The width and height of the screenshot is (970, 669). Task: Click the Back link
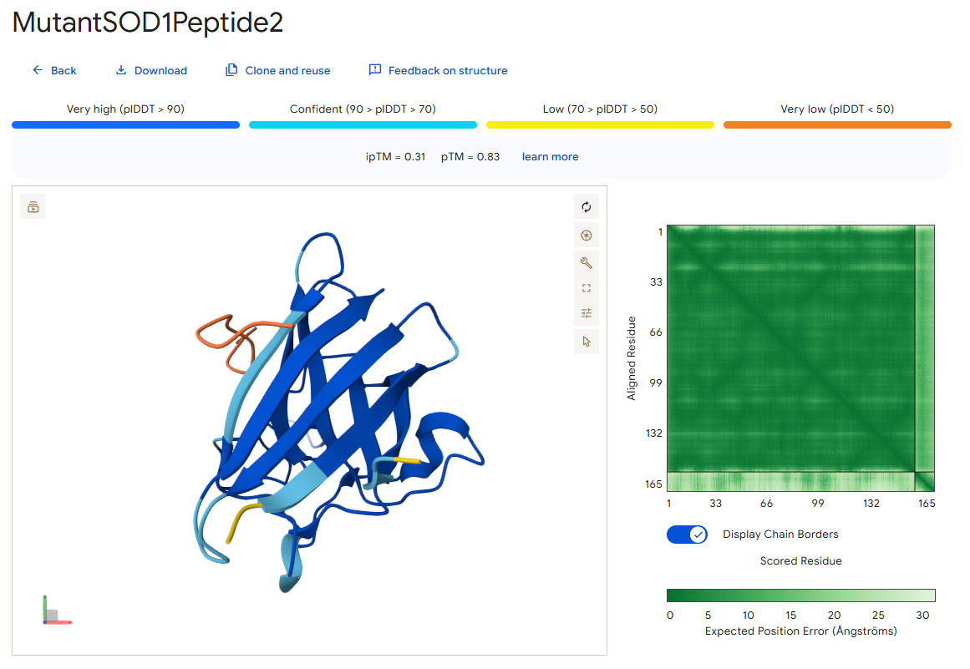tap(54, 70)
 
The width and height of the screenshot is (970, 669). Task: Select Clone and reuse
tap(277, 70)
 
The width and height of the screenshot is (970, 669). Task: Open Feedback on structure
tap(438, 70)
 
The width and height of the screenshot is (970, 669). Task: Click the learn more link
tap(550, 156)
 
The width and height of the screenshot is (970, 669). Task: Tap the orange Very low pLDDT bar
tap(837, 125)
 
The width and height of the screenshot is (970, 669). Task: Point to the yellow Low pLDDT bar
tap(600, 125)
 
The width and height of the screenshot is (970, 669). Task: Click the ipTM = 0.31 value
tap(395, 156)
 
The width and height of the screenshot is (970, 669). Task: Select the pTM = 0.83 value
tap(470, 156)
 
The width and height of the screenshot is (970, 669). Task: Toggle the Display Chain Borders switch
tap(687, 535)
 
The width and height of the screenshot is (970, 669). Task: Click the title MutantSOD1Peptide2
tap(148, 23)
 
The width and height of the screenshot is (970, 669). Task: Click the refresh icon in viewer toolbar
tap(587, 207)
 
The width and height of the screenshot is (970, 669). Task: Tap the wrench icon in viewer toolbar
tap(587, 263)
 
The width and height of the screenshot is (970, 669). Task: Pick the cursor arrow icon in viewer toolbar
tap(587, 342)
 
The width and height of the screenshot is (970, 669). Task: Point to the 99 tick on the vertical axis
tap(656, 383)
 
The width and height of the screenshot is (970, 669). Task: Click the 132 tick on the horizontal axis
tap(871, 504)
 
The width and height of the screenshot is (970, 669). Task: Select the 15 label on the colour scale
tap(790, 616)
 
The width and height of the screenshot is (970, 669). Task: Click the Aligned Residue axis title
tap(631, 358)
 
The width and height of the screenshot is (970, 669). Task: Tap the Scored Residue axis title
tap(800, 560)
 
